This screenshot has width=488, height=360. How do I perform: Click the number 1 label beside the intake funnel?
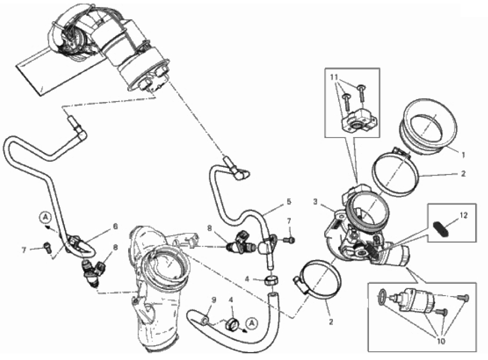(463, 155)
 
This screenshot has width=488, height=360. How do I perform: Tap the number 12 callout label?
(463, 215)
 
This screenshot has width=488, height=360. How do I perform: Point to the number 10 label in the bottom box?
(441, 341)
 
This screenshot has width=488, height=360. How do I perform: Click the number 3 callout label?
(315, 202)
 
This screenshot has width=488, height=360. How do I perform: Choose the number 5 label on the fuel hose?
(289, 201)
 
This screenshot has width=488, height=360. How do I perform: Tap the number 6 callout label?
(115, 226)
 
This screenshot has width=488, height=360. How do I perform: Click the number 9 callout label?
(214, 300)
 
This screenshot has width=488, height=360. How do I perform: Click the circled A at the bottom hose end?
(252, 323)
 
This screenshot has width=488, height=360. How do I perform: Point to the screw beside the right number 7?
(289, 240)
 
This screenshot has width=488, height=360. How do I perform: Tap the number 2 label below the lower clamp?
(331, 322)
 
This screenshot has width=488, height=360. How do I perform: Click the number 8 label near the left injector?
(115, 248)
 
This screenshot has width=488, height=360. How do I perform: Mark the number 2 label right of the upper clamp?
(463, 174)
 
